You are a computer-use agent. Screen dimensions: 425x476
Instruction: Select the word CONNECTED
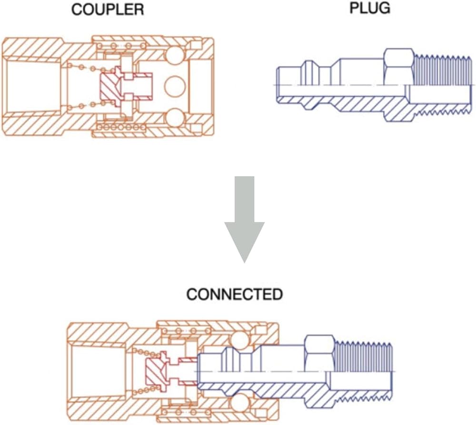234,294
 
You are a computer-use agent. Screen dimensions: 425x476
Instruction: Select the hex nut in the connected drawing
319,352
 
